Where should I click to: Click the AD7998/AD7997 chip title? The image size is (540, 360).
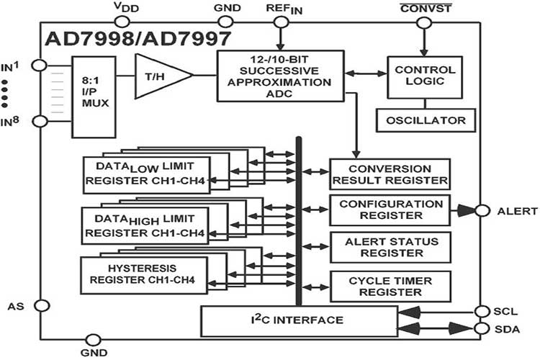click(x=128, y=38)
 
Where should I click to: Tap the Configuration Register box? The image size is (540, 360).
click(x=390, y=210)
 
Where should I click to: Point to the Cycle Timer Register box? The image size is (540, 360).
click(x=390, y=286)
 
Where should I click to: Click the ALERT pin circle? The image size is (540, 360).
click(x=480, y=210)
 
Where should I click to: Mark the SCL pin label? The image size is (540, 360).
click(x=506, y=311)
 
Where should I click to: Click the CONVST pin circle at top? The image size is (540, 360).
click(x=425, y=23)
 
